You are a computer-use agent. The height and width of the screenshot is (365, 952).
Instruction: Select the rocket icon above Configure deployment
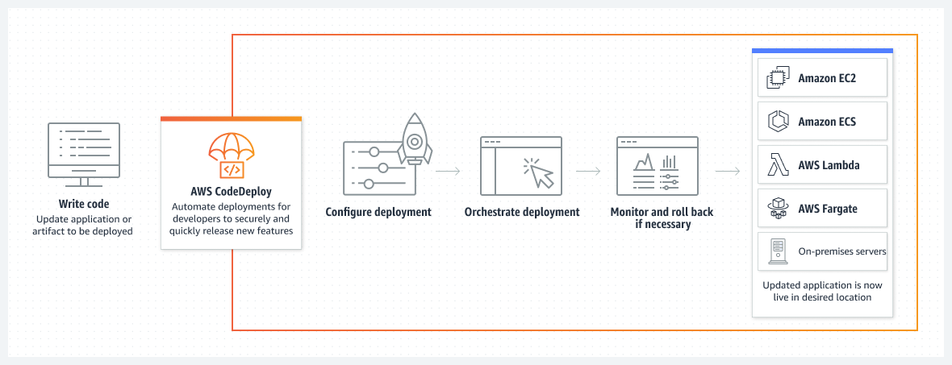(414, 139)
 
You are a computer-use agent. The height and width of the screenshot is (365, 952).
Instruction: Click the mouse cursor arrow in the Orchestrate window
(540, 172)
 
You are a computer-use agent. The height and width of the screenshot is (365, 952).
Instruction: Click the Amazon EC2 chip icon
(777, 77)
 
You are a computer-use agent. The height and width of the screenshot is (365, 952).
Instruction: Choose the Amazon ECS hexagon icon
(777, 122)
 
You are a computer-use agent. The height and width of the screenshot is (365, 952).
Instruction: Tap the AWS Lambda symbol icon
(777, 165)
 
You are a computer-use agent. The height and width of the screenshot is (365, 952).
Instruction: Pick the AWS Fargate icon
(777, 209)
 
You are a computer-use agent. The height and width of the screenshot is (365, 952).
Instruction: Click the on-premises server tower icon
(777, 252)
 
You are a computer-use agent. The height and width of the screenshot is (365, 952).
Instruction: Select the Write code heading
(84, 204)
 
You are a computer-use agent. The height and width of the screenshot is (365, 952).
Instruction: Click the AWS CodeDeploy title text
(231, 191)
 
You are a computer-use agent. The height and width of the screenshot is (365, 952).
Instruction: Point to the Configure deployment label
(378, 212)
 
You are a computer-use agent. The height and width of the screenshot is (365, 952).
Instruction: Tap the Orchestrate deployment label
(522, 212)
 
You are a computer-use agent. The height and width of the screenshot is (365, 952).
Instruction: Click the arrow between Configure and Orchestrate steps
(448, 172)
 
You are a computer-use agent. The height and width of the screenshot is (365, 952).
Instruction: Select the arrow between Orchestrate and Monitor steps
(588, 172)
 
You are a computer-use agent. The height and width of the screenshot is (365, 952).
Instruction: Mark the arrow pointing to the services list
(728, 172)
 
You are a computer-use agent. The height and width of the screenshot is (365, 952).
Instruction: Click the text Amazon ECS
(827, 122)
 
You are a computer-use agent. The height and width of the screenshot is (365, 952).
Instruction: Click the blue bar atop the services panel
(822, 51)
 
